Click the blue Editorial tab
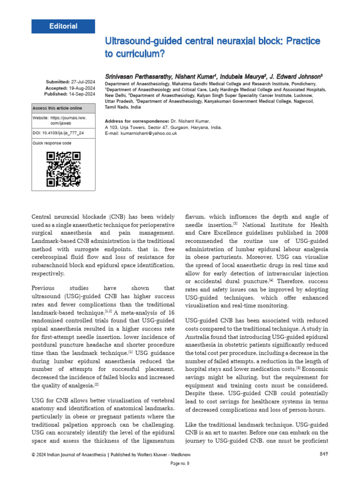click(63, 26)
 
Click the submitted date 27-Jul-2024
click(83, 82)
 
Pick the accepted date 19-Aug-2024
click(83, 88)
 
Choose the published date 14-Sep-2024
click(83, 94)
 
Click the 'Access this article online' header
click(57, 108)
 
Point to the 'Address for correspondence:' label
click(136, 121)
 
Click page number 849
click(323, 454)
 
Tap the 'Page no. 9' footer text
click(180, 464)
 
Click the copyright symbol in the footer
click(33, 454)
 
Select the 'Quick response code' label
click(52, 143)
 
